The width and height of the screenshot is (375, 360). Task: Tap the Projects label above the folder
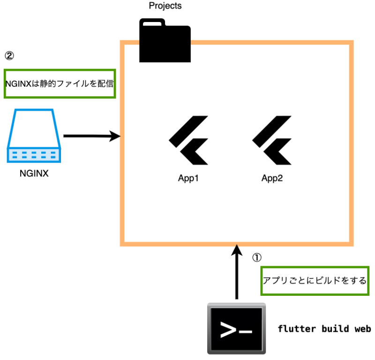[x=165, y=6]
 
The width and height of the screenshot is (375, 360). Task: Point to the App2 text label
[x=272, y=179]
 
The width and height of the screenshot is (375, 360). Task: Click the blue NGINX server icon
[x=34, y=136]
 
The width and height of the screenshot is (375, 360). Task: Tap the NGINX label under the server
[x=34, y=174]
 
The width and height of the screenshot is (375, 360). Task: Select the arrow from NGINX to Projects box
[x=91, y=136]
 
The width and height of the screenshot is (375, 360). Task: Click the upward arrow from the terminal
[x=237, y=272]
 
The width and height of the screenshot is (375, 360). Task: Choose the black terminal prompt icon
[x=236, y=328]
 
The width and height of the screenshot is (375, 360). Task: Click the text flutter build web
[x=324, y=329]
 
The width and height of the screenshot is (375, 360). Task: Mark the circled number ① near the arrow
[x=256, y=257]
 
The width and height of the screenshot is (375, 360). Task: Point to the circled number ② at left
[x=9, y=55]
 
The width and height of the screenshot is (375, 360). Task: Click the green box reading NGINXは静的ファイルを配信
[x=60, y=84]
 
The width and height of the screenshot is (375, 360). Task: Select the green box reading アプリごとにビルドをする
[x=314, y=281]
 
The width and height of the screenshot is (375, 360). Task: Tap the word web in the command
[x=362, y=329]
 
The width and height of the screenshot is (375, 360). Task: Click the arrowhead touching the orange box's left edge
[x=116, y=136]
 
